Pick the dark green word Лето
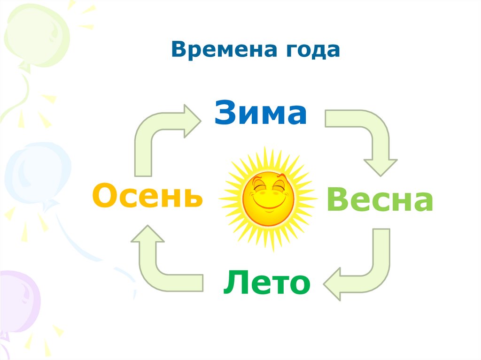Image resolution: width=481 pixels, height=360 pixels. pyautogui.click(x=266, y=283)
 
